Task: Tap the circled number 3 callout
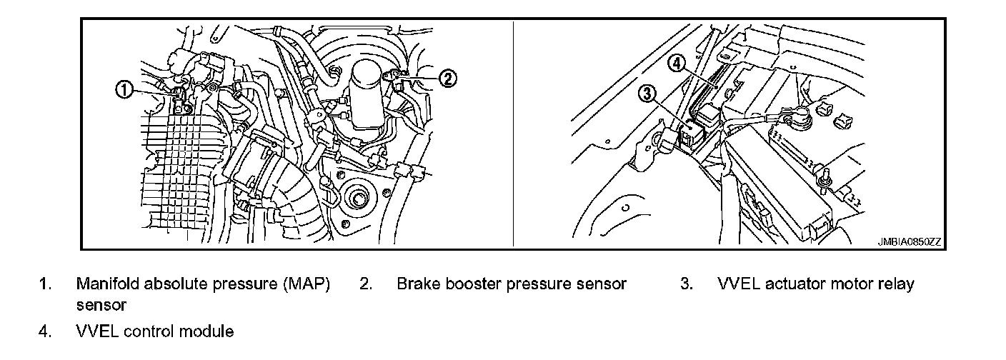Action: coord(647,94)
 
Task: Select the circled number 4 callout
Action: coord(677,64)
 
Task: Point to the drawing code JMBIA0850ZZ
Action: coord(909,243)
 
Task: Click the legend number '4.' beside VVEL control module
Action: coord(44,331)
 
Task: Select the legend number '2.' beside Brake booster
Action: coord(365,284)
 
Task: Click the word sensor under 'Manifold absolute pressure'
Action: coord(101,306)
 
